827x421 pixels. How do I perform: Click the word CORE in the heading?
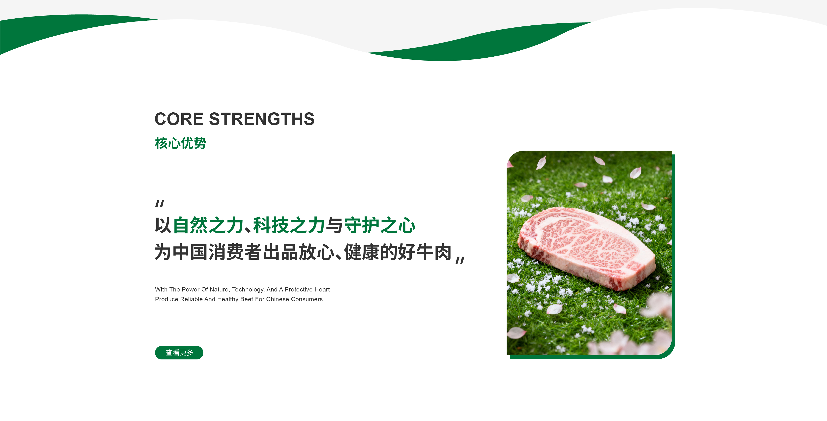(x=179, y=119)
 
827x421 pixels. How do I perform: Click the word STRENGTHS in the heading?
(x=262, y=119)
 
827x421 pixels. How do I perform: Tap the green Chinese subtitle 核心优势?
(x=180, y=143)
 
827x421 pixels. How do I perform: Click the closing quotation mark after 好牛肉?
(x=460, y=260)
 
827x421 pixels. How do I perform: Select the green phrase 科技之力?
(x=289, y=225)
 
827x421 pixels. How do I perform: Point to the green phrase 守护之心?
(x=380, y=225)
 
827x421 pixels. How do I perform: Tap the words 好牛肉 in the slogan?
(x=425, y=252)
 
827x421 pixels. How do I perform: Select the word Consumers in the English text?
(x=307, y=299)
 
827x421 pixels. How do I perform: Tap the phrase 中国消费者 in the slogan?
(x=217, y=252)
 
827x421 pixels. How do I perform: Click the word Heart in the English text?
(x=322, y=289)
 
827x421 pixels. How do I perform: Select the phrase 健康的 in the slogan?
(x=371, y=252)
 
